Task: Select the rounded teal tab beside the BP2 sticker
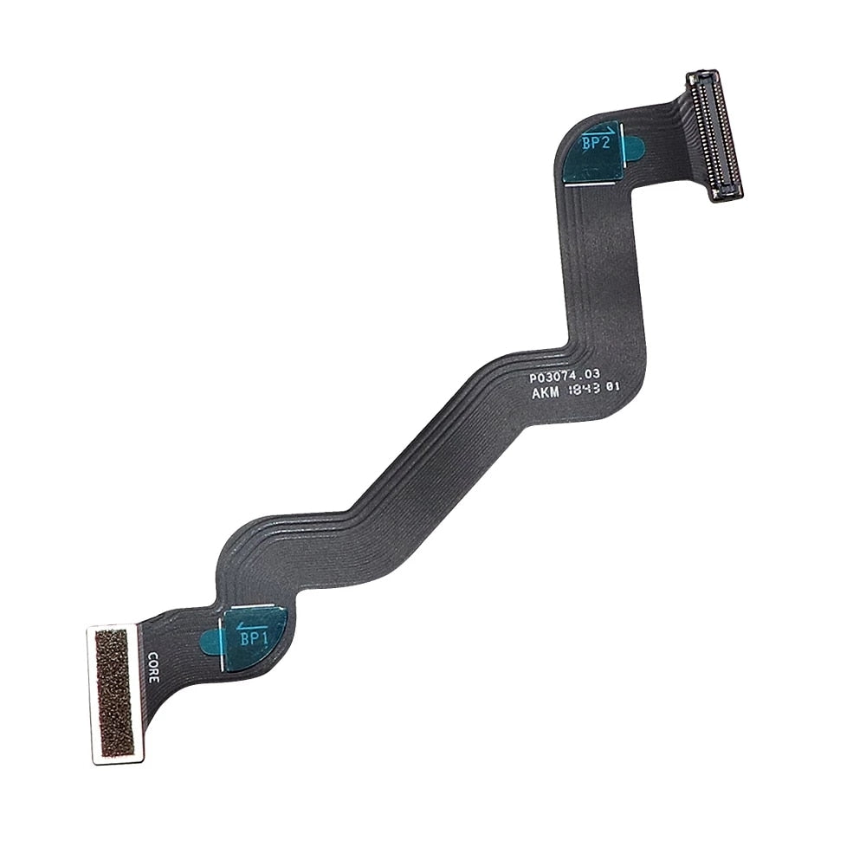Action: [634, 148]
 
